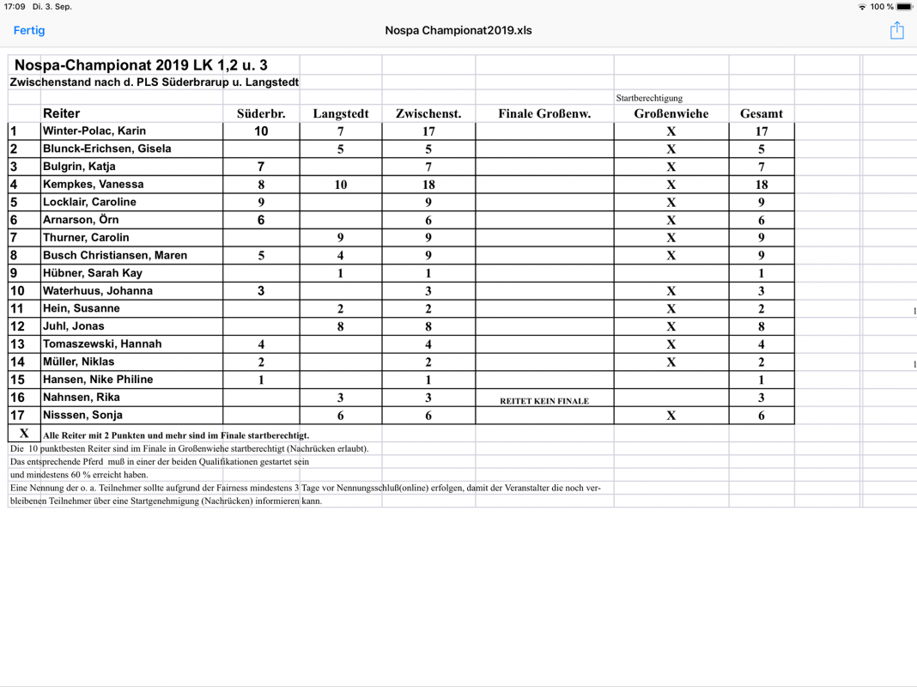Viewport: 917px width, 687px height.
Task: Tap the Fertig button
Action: click(29, 31)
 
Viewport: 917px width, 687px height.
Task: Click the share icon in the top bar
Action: click(896, 31)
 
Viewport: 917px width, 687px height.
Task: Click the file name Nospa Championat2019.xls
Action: click(458, 31)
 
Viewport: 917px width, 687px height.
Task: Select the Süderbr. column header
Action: click(261, 113)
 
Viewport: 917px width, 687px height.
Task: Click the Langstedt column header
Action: click(341, 113)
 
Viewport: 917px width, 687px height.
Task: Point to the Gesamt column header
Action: click(761, 113)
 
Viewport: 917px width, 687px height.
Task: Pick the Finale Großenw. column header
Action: click(544, 113)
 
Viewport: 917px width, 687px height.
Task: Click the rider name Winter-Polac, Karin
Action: click(94, 131)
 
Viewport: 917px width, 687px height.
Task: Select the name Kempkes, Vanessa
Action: click(94, 185)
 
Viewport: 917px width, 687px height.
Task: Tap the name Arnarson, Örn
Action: click(82, 220)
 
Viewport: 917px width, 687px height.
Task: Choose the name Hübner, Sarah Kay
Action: click(93, 273)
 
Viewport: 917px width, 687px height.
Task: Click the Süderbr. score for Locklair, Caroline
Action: click(261, 203)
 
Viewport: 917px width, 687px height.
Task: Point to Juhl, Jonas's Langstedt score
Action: click(341, 326)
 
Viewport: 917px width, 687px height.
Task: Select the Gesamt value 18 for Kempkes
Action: click(761, 185)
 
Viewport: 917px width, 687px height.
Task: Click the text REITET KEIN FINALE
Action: click(544, 401)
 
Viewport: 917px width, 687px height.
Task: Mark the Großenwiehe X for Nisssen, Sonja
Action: click(671, 416)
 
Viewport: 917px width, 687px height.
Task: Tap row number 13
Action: click(18, 344)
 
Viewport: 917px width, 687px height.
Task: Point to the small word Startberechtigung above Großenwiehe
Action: click(649, 98)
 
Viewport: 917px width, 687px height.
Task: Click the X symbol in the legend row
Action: click(24, 434)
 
